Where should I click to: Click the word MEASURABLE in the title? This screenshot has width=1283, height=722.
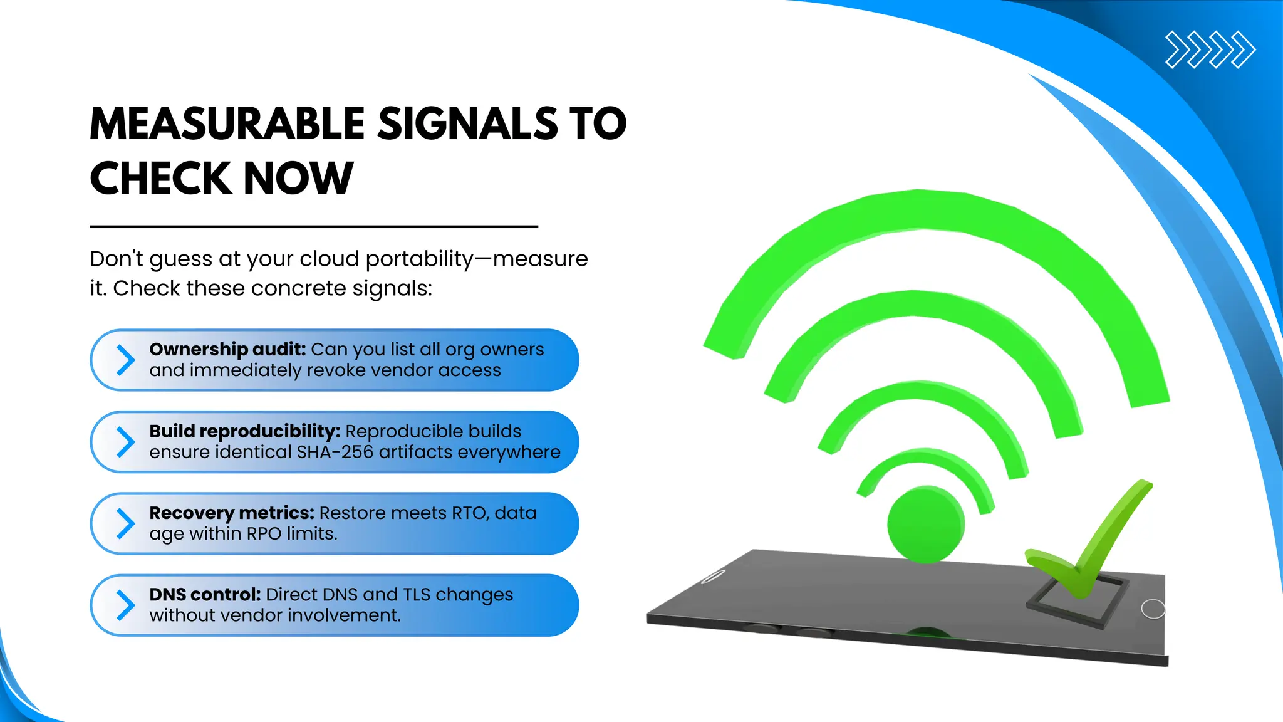(227, 123)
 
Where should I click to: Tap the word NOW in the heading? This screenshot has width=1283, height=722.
(298, 179)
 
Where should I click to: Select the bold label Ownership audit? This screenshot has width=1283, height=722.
(227, 349)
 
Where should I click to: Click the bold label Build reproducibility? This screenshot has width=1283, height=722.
(244, 431)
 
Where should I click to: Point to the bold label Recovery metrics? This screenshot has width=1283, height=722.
(231, 513)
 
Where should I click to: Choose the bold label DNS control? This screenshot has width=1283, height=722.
(205, 594)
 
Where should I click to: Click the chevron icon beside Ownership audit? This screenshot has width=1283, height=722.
(125, 360)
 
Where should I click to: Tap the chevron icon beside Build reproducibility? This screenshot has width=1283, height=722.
(125, 442)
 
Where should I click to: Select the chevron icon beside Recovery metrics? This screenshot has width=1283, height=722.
(125, 523)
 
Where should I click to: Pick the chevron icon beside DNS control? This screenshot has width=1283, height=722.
(125, 605)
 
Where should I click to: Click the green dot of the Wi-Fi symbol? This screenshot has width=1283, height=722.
(926, 524)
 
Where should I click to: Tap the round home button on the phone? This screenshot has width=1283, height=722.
(1153, 609)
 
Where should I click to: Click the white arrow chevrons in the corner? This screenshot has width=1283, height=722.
(1210, 50)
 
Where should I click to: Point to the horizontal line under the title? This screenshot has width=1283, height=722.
(313, 226)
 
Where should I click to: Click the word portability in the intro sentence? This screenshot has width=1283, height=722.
(419, 259)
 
